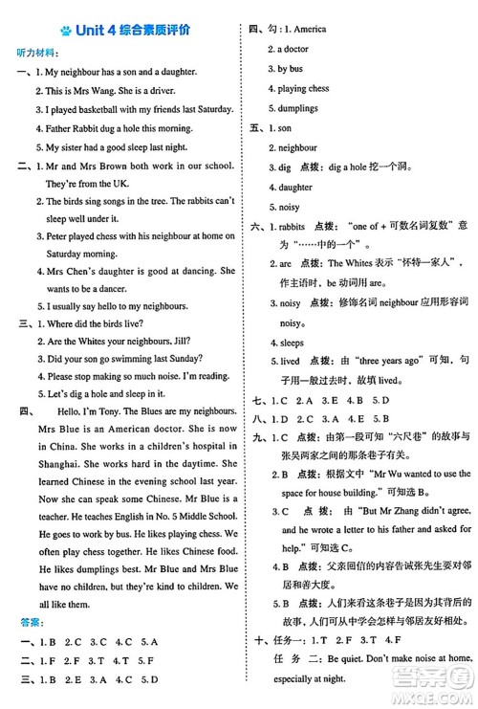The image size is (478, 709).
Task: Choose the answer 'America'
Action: tap(308, 29)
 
